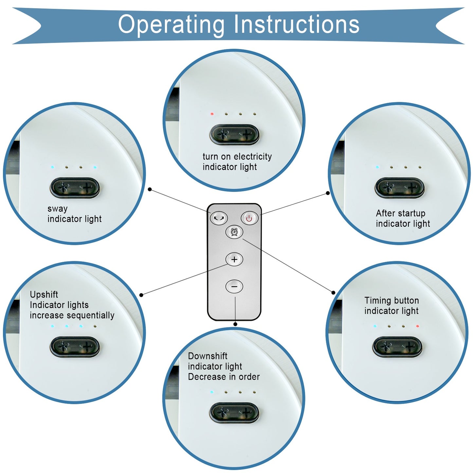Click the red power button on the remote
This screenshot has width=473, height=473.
(x=249, y=218)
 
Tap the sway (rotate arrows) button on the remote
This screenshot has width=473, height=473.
(x=219, y=218)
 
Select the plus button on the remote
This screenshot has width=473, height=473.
(x=234, y=260)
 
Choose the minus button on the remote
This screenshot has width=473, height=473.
(x=234, y=287)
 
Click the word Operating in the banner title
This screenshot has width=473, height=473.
(x=171, y=25)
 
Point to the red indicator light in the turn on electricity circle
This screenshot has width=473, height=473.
(x=212, y=114)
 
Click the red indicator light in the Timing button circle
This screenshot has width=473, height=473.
(x=417, y=326)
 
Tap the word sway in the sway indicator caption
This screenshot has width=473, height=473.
(x=58, y=209)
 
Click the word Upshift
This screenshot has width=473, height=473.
(x=44, y=295)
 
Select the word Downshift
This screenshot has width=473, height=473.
(x=208, y=356)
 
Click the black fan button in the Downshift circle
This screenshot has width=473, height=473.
(x=234, y=412)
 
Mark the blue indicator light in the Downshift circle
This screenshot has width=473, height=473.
(x=212, y=392)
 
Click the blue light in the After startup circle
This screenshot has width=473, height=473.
(x=377, y=167)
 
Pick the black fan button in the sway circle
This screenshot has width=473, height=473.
(x=75, y=188)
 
